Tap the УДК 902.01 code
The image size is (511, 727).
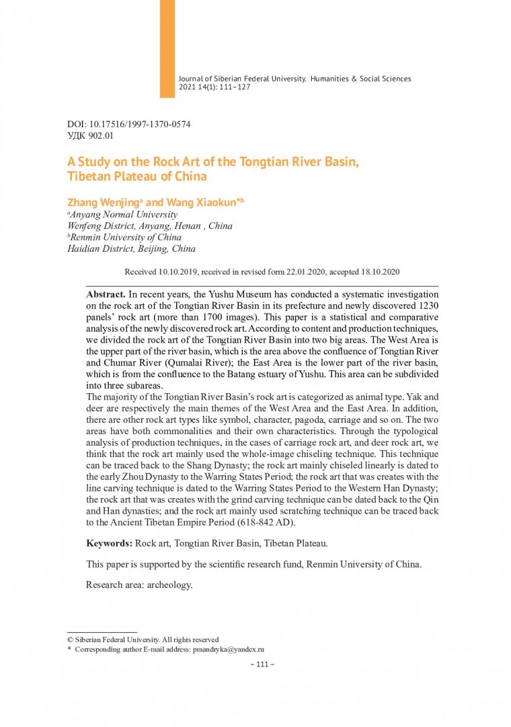point(91,135)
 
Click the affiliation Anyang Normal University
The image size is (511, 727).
point(124,215)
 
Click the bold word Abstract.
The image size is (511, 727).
point(106,294)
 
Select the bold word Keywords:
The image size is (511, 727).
point(110,543)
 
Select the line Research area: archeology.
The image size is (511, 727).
point(139,584)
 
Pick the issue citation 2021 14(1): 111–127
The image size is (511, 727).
point(214,88)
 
